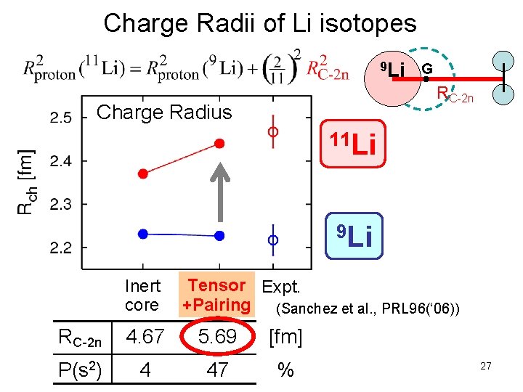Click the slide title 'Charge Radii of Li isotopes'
click(x=260, y=23)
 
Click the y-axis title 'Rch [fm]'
click(x=26, y=181)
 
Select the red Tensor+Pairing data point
click(x=219, y=144)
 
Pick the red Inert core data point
click(x=143, y=173)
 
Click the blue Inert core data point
click(x=143, y=234)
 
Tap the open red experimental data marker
click(x=273, y=132)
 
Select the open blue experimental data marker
click(x=273, y=239)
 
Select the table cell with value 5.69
click(x=216, y=337)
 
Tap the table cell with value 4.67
click(x=145, y=337)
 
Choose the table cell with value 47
click(x=217, y=370)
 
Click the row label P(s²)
click(x=85, y=370)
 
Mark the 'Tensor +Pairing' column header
click(x=216, y=295)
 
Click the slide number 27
click(x=485, y=367)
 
